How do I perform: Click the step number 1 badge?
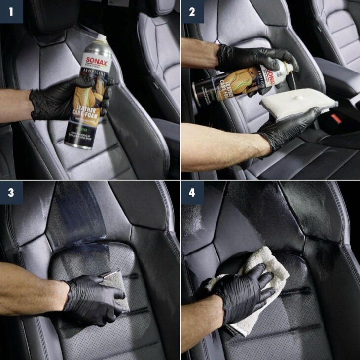click(x=11, y=11)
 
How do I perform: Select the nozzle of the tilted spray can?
click(x=291, y=66)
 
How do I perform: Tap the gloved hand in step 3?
click(x=94, y=298)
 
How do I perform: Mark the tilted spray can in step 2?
click(x=232, y=84)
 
